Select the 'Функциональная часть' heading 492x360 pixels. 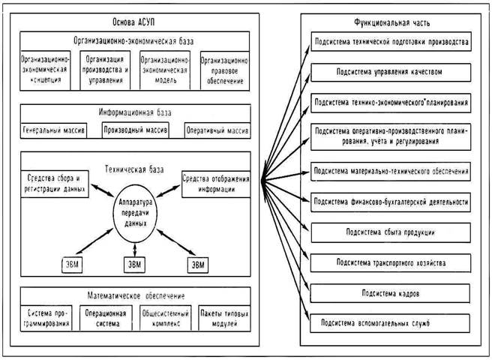point(390,22)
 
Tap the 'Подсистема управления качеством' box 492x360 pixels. point(391,73)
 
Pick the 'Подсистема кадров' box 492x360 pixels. point(391,294)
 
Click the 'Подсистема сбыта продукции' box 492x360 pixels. point(391,232)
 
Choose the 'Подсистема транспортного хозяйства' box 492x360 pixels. point(391,263)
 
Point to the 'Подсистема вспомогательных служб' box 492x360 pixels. point(391,323)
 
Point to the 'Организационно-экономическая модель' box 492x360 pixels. point(166,70)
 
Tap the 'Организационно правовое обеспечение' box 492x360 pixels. point(223,70)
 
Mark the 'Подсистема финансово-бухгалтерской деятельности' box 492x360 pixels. point(391,201)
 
